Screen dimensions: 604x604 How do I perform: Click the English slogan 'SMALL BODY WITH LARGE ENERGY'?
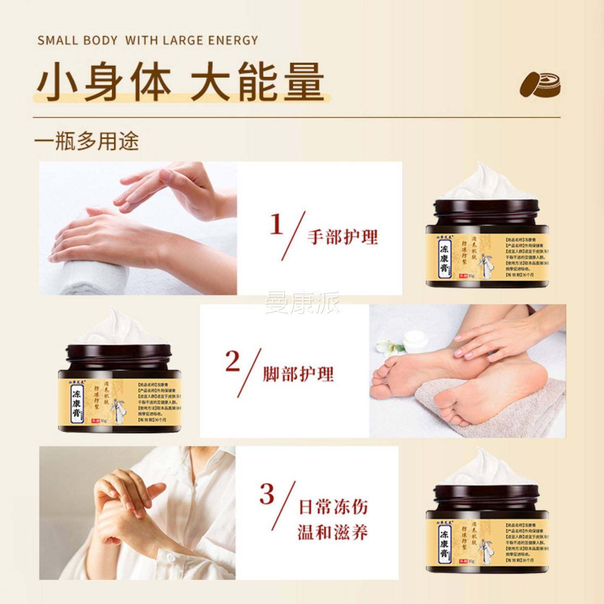(x=148, y=40)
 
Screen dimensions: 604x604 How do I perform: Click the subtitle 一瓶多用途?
(x=86, y=141)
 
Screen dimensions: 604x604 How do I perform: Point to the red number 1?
(x=277, y=226)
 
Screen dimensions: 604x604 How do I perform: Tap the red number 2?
(x=233, y=362)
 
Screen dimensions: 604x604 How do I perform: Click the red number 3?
(x=267, y=494)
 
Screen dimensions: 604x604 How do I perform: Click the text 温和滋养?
(x=333, y=533)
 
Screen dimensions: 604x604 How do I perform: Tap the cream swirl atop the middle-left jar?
(x=115, y=329)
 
